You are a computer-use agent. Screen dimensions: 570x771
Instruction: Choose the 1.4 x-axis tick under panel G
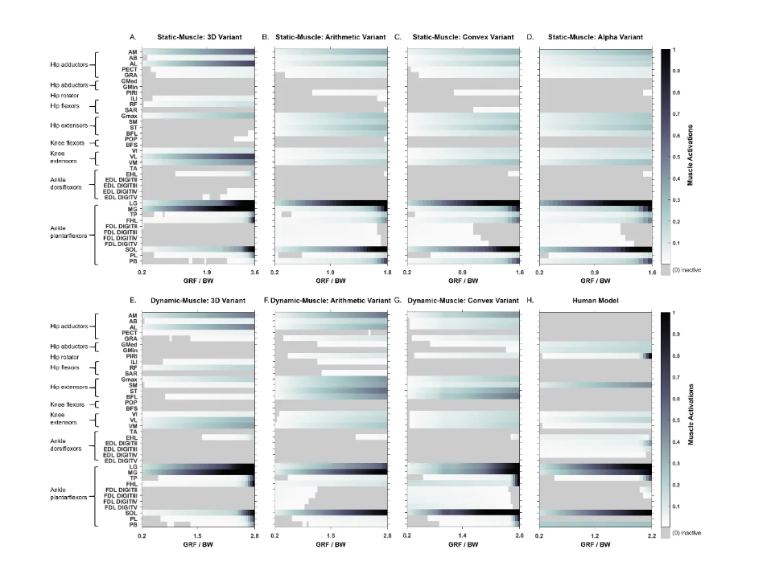point(462,535)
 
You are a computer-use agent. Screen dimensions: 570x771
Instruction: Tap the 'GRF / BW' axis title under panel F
point(330,544)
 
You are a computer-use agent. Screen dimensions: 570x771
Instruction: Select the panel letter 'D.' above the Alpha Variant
point(530,38)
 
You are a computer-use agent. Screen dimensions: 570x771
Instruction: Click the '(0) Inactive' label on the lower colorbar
point(686,532)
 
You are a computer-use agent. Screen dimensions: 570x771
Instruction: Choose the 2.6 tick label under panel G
point(517,535)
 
